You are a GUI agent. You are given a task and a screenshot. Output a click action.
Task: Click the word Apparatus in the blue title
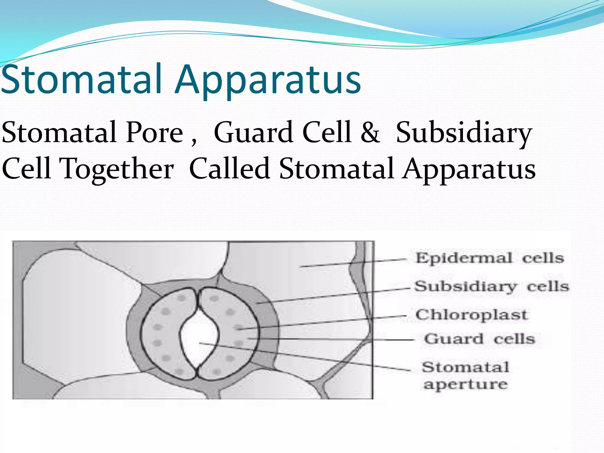point(268,81)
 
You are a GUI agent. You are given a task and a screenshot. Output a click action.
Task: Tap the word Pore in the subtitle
point(155,133)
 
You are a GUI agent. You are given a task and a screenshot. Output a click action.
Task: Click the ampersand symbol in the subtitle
point(370,133)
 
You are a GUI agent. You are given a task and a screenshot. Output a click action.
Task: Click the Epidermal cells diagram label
point(490,258)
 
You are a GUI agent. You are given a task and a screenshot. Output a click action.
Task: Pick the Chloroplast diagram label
point(471,315)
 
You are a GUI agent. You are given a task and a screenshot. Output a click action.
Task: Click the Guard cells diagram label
point(479,339)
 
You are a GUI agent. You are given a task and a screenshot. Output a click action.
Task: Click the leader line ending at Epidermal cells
point(354,263)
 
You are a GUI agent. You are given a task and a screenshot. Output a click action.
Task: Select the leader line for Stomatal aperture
point(307,357)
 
